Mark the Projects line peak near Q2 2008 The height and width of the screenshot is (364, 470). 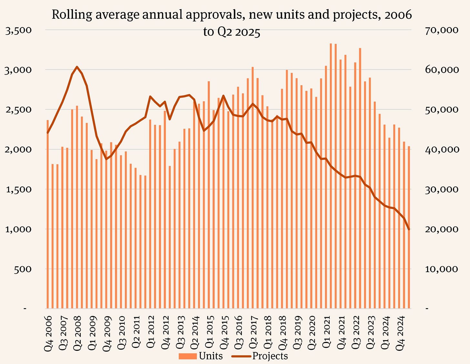click(x=77, y=67)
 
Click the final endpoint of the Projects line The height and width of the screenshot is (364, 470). click(x=409, y=229)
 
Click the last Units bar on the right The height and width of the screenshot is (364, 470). click(x=409, y=226)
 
